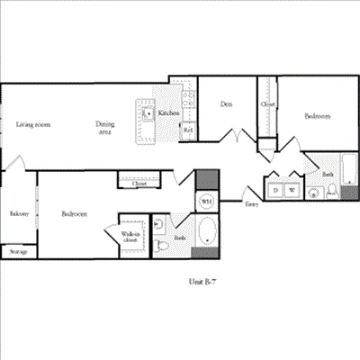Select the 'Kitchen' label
[168, 114]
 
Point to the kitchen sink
[147, 114]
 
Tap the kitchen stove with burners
[189, 102]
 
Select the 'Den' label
[227, 104]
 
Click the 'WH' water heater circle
[206, 201]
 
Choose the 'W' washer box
[292, 190]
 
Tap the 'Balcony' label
[19, 214]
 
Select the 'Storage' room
[18, 251]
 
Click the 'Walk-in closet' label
[130, 238]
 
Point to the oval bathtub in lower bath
[208, 232]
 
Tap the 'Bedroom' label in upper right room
[317, 116]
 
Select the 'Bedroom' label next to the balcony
[74, 214]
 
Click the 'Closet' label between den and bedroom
[268, 104]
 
